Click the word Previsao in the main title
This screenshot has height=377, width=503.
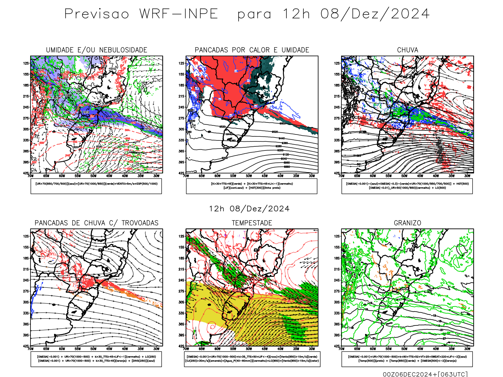97,14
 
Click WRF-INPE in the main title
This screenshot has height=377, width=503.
179,14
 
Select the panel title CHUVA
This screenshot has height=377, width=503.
407,50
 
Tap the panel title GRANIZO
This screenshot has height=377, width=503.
407,223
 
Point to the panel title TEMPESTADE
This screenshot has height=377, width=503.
252,223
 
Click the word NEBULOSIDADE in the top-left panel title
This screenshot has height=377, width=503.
123,50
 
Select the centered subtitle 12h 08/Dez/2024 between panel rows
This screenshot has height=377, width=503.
249,209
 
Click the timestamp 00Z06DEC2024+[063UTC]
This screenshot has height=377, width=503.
425,374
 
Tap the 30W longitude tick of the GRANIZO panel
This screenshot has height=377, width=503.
467,349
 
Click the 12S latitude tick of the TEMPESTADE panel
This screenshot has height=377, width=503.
181,236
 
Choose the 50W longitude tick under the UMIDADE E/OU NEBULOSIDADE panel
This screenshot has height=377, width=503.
93,176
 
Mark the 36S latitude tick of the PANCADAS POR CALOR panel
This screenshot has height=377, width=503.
181,151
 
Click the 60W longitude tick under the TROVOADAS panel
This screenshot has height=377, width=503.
62,349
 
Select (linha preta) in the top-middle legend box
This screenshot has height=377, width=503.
272,188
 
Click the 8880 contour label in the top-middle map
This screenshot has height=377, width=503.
287,167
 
